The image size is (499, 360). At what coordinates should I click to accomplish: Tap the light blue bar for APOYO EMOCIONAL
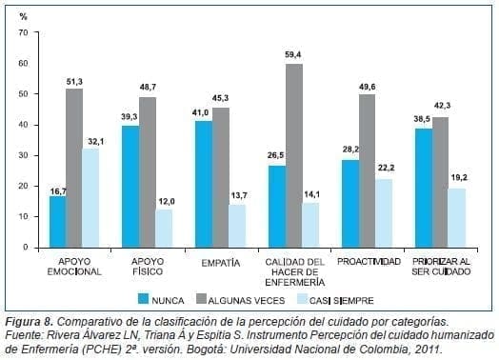pos(91,197)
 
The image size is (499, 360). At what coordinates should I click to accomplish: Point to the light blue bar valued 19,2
pos(458,217)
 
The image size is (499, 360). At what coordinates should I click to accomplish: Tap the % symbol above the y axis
pos(25,17)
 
